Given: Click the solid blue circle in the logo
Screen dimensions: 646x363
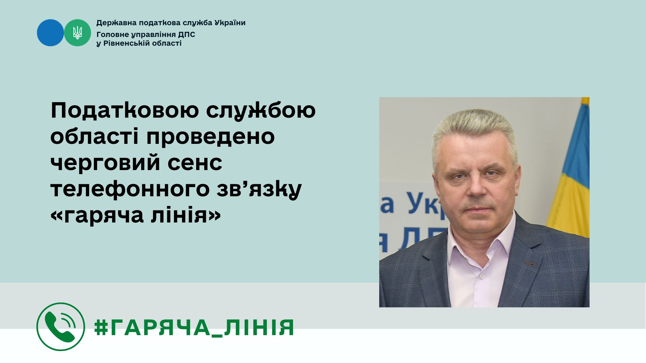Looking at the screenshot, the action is click(50, 33).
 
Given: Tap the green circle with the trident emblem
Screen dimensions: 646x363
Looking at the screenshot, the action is click(77, 33).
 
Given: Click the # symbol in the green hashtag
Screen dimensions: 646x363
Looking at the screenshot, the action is click(101, 327).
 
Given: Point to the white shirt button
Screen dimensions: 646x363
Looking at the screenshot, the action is click(482, 276).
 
